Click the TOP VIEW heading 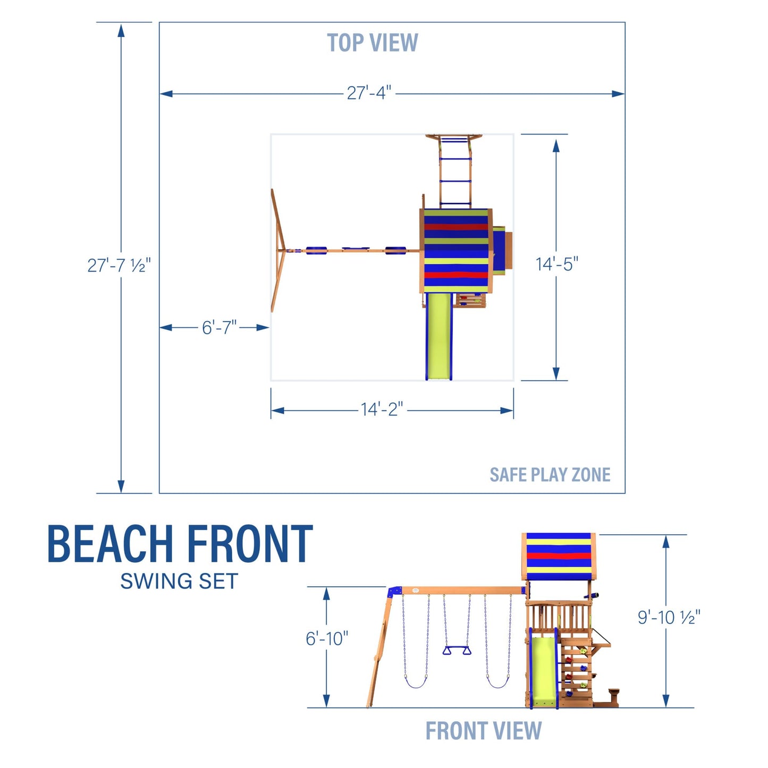(x=372, y=43)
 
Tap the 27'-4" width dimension (x=369, y=93)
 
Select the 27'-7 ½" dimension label (x=119, y=265)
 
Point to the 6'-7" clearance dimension (x=219, y=327)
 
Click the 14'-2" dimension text (x=382, y=409)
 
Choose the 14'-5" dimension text (x=556, y=264)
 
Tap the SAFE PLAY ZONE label (x=550, y=475)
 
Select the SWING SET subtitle (x=179, y=581)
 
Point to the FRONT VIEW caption (x=483, y=731)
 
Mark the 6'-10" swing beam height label (x=327, y=638)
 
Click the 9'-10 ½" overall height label (x=669, y=617)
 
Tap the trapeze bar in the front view (x=457, y=651)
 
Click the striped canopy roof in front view (x=558, y=556)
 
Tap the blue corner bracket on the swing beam (x=394, y=592)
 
